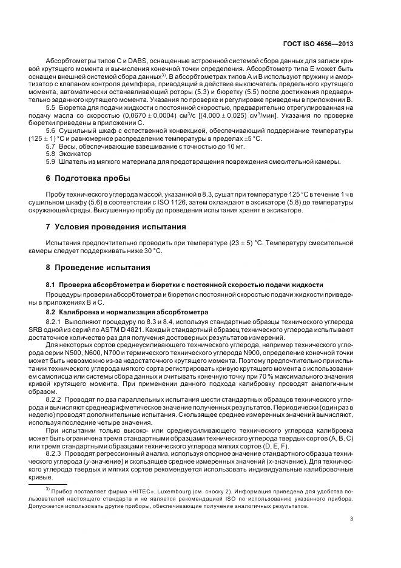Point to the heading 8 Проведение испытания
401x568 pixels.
(x=98, y=267)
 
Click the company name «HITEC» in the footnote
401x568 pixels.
(x=115, y=489)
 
